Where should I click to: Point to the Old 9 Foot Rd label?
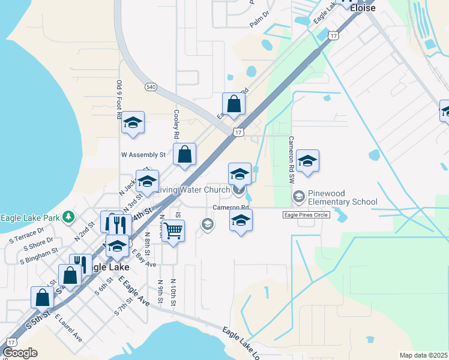[x=119, y=99]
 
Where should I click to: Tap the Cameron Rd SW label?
[x=291, y=160]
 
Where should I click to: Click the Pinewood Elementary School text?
[x=342, y=197]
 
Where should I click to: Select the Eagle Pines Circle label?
[x=307, y=215]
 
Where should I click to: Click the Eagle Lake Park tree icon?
[x=70, y=216]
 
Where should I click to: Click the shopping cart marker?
[x=173, y=230]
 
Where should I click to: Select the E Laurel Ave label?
[x=68, y=327]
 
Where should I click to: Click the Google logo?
[x=20, y=353]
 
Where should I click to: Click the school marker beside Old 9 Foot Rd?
[x=133, y=123]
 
